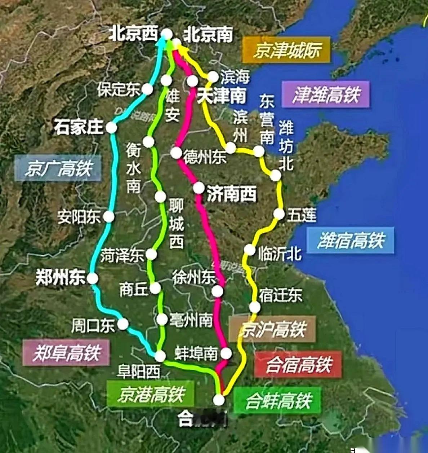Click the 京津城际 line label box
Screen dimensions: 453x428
[286, 50]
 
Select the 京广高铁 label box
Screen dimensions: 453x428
[58, 168]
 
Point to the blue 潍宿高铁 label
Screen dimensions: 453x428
[350, 240]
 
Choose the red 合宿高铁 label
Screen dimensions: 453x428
[298, 364]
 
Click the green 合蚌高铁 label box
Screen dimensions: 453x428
[277, 400]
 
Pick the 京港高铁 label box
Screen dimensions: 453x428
[151, 394]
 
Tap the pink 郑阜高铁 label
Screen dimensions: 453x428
[66, 353]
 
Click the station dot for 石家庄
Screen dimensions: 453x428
[111, 127]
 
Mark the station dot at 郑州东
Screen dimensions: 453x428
[92, 278]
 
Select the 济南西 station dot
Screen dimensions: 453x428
[199, 188]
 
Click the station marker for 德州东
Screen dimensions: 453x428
[176, 153]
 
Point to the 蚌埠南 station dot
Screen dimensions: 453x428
[226, 353]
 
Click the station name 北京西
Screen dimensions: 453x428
[134, 34]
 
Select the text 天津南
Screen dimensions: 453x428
[222, 96]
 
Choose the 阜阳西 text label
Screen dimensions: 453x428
[139, 371]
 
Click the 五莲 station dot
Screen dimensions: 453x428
[279, 214]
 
